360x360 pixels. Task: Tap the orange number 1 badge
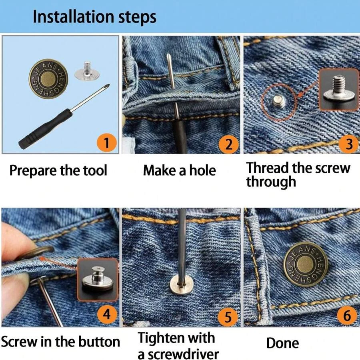coord(106,143)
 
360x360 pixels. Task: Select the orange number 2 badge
coord(228,144)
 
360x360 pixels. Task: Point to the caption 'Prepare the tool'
coord(58,170)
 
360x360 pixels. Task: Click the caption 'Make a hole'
coord(179,170)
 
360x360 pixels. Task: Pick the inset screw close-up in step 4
coord(97,279)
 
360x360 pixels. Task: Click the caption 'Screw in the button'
coord(60,342)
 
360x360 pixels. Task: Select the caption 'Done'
coord(282,343)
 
